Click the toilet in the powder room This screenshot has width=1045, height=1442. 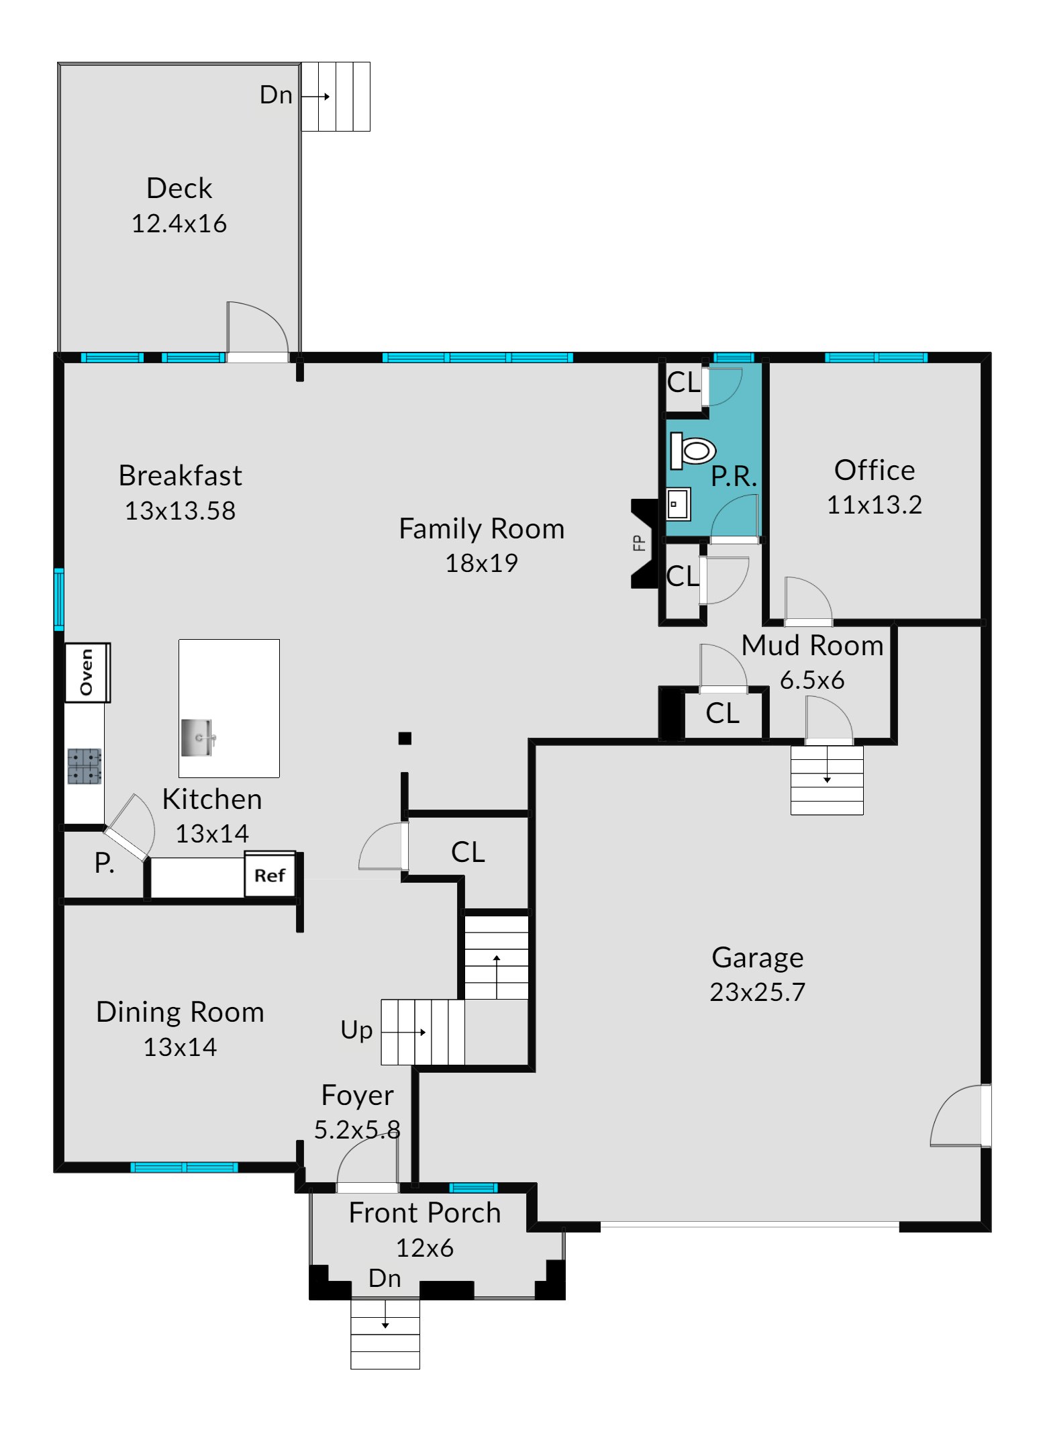[x=693, y=450]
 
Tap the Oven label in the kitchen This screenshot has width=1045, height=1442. [x=87, y=672]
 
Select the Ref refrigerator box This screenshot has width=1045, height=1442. [x=270, y=874]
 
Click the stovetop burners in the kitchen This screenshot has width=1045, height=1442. [x=85, y=766]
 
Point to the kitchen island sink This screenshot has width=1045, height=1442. [x=198, y=737]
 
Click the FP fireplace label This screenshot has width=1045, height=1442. [x=639, y=542]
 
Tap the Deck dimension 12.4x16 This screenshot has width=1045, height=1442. [x=179, y=224]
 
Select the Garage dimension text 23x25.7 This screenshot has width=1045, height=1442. [x=758, y=992]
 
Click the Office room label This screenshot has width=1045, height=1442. [x=875, y=470]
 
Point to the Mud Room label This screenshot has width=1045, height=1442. [x=812, y=645]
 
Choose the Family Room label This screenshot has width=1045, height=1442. [x=482, y=528]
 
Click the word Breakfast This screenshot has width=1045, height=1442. [x=181, y=475]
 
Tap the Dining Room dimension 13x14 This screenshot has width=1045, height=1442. [x=181, y=1047]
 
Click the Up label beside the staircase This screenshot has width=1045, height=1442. [x=356, y=1030]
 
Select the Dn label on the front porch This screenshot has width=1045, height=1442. [x=385, y=1278]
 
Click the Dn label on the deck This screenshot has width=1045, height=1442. [x=276, y=95]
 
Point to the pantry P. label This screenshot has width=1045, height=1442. [x=104, y=863]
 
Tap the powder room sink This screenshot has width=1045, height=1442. [x=678, y=504]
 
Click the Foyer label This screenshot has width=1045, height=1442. [x=358, y=1095]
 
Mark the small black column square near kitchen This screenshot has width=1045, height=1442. [x=405, y=738]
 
